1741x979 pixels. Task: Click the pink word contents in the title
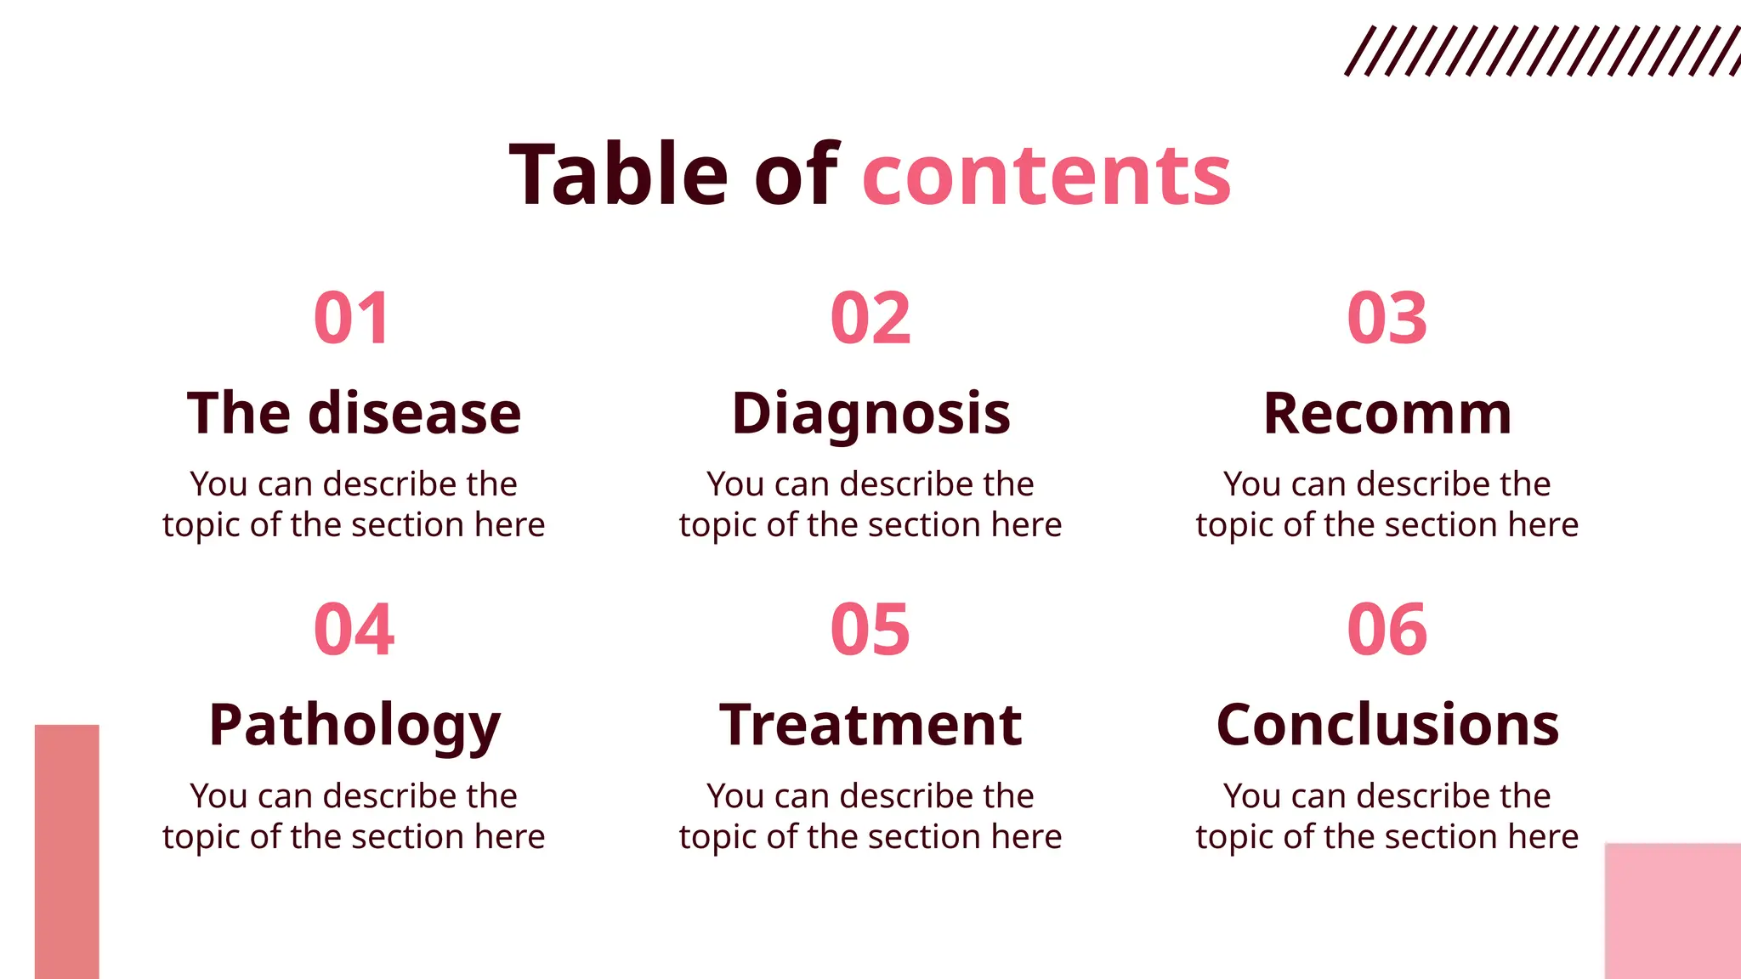[x=1046, y=177]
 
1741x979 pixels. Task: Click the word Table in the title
[x=619, y=175]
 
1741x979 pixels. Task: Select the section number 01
[x=352, y=319]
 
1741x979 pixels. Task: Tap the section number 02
[x=870, y=319]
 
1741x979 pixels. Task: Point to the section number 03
[x=1387, y=319]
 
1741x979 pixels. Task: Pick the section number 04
[x=354, y=630]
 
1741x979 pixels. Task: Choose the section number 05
[x=870, y=630]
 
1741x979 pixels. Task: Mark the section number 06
[x=1387, y=630]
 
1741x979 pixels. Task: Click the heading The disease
[x=354, y=414]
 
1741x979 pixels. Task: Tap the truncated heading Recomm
[x=1387, y=414]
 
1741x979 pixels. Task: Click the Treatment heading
[x=870, y=726]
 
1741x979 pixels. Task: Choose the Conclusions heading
[x=1387, y=726]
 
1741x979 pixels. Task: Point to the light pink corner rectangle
[x=1672, y=910]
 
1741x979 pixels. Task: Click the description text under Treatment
[x=870, y=816]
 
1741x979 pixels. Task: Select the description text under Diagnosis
[x=870, y=504]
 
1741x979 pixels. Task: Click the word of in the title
[x=796, y=175]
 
